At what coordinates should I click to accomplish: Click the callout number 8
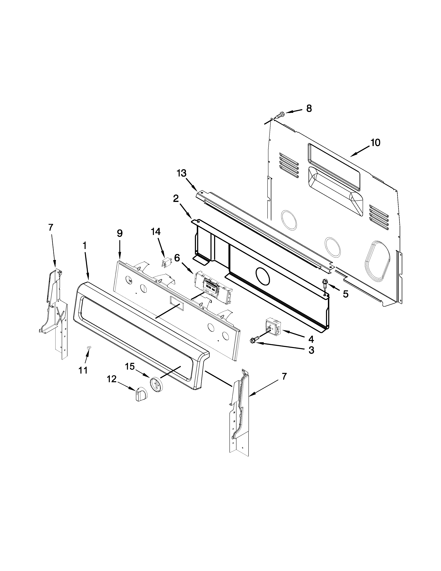tap(309, 108)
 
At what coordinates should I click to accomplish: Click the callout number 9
tap(119, 233)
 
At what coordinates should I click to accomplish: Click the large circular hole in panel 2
tap(262, 276)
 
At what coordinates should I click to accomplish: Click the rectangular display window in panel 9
tap(176, 303)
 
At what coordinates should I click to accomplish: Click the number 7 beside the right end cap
tap(284, 376)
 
